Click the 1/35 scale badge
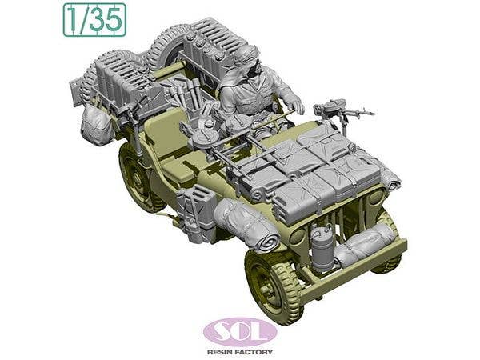click(94, 19)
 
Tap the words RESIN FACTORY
click(240, 351)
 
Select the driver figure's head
click(245, 59)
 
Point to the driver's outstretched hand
click(295, 104)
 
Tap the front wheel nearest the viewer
click(273, 283)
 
